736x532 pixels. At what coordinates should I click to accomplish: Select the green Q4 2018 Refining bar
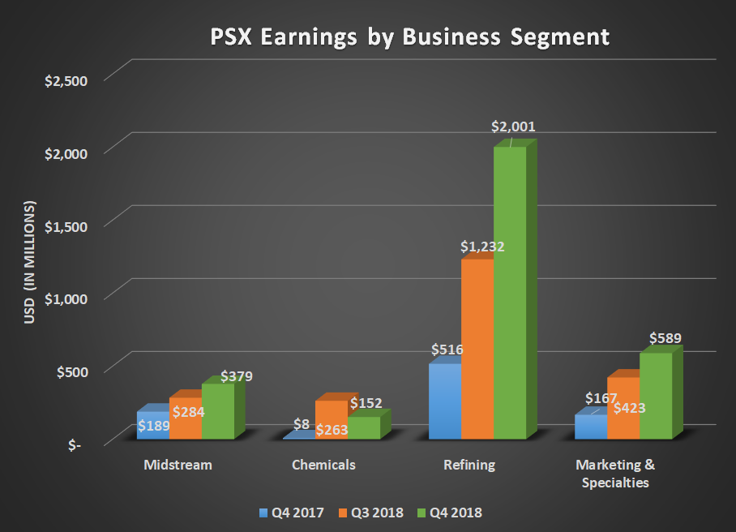[510, 292]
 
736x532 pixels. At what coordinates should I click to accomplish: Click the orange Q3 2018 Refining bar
[477, 349]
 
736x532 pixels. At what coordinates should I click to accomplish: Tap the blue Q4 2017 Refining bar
[445, 401]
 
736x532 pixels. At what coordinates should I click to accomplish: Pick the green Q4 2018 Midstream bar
[218, 411]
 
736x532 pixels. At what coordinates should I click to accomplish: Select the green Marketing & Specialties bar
[656, 396]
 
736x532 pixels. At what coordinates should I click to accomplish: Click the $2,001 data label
[514, 127]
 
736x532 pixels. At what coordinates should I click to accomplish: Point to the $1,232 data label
[483, 247]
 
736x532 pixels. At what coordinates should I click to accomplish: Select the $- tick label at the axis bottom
[74, 445]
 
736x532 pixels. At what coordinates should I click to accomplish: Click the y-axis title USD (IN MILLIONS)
[30, 261]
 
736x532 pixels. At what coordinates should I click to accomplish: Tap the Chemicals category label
[323, 466]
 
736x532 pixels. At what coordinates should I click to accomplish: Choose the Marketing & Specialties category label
[614, 474]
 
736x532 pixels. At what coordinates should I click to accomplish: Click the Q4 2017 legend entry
[293, 513]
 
